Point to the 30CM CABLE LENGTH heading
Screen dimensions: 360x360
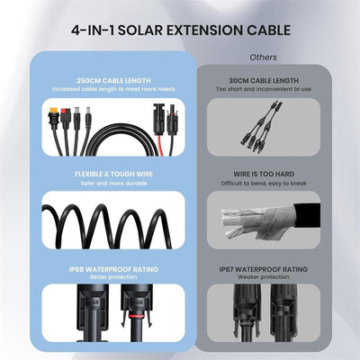pyautogui.click(x=264, y=81)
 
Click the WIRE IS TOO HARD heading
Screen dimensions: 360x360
pyautogui.click(x=264, y=171)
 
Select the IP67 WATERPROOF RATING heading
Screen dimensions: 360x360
pyautogui.click(x=264, y=268)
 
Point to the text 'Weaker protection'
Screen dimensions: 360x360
pyautogui.click(x=264, y=277)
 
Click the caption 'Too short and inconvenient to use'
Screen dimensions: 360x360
pyautogui.click(x=264, y=90)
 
